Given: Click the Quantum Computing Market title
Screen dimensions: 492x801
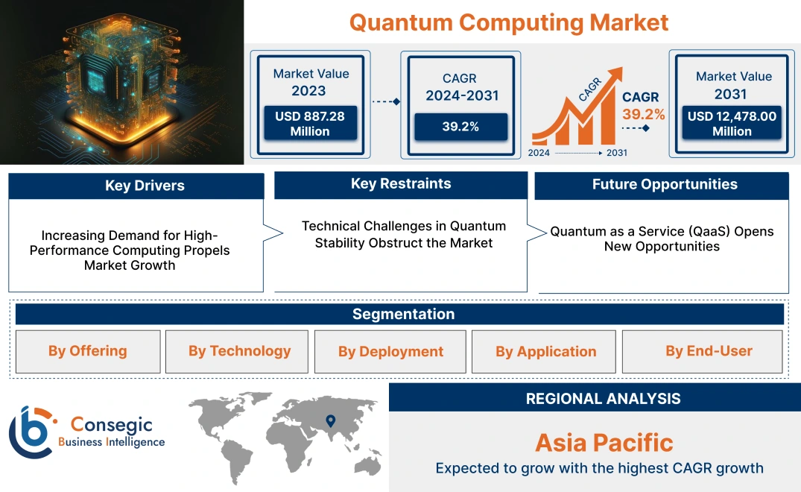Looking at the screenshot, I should pos(509,22).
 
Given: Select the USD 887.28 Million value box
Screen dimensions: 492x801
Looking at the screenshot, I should pos(309,123).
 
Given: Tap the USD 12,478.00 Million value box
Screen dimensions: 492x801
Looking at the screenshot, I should pos(732,124).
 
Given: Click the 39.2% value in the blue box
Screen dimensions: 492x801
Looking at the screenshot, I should pos(460,127).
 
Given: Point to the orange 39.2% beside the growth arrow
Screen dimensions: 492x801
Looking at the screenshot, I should pos(644,114).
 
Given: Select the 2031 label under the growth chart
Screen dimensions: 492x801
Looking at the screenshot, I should pos(616,153).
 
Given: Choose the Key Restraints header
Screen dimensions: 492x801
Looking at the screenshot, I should pos(401,184).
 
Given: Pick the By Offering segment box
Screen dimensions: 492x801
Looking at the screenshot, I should pos(88,351).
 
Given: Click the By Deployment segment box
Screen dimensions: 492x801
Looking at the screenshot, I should pos(390,352).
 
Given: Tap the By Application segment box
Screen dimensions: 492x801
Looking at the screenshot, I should pos(545,352).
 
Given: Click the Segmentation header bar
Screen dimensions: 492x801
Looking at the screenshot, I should pos(403,314).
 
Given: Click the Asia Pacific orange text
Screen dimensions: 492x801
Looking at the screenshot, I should pos(604,443).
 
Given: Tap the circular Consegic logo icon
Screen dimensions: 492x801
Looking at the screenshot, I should pos(31,432).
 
